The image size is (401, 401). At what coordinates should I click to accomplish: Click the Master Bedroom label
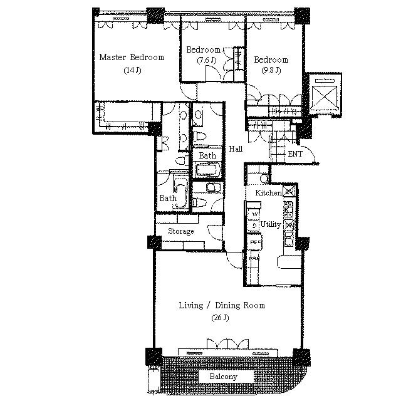(132, 57)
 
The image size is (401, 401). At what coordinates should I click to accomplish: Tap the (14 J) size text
(132, 70)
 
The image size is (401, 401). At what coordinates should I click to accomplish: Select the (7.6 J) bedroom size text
(207, 60)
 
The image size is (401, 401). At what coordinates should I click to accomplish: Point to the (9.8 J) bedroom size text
(271, 70)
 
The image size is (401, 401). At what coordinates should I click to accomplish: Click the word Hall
(236, 148)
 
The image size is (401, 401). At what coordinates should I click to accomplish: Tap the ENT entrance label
(295, 154)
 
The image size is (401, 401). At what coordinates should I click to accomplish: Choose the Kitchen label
(269, 192)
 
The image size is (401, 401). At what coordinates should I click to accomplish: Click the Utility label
(271, 224)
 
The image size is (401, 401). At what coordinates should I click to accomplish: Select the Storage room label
(181, 231)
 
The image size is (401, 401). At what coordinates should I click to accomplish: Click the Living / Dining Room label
(222, 305)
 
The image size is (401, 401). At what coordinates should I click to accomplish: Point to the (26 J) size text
(220, 318)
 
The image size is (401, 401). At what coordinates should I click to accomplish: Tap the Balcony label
(223, 377)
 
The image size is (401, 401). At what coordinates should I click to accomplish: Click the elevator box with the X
(325, 97)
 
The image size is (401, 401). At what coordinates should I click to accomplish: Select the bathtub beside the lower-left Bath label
(181, 190)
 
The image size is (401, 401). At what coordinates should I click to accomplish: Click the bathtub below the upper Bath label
(207, 169)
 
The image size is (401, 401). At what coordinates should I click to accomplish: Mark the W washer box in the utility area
(255, 214)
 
